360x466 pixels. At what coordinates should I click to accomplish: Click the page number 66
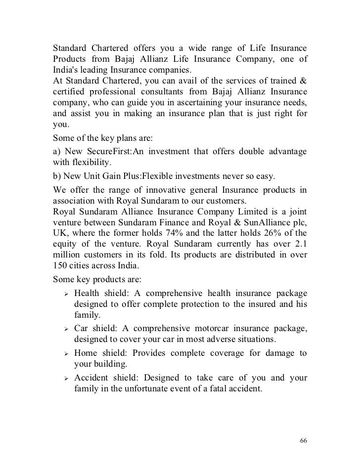[x=304, y=441]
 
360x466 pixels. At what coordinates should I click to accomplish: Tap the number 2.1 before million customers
[x=300, y=244]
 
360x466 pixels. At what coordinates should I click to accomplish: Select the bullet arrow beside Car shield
[x=64, y=329]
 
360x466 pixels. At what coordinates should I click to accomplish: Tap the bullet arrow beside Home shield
[x=64, y=353]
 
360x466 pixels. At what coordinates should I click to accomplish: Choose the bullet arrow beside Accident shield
[x=64, y=379]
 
